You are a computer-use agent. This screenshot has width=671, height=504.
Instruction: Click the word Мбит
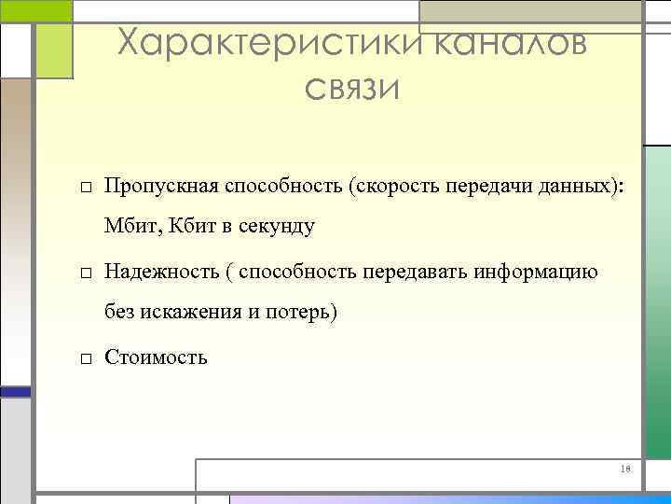click(x=130, y=226)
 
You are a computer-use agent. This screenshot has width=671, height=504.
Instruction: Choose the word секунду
click(x=279, y=227)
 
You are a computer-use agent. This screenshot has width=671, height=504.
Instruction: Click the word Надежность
click(x=161, y=272)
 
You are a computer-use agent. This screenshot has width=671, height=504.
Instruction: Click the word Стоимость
click(x=157, y=357)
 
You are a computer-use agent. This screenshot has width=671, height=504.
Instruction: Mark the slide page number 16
click(x=625, y=469)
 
